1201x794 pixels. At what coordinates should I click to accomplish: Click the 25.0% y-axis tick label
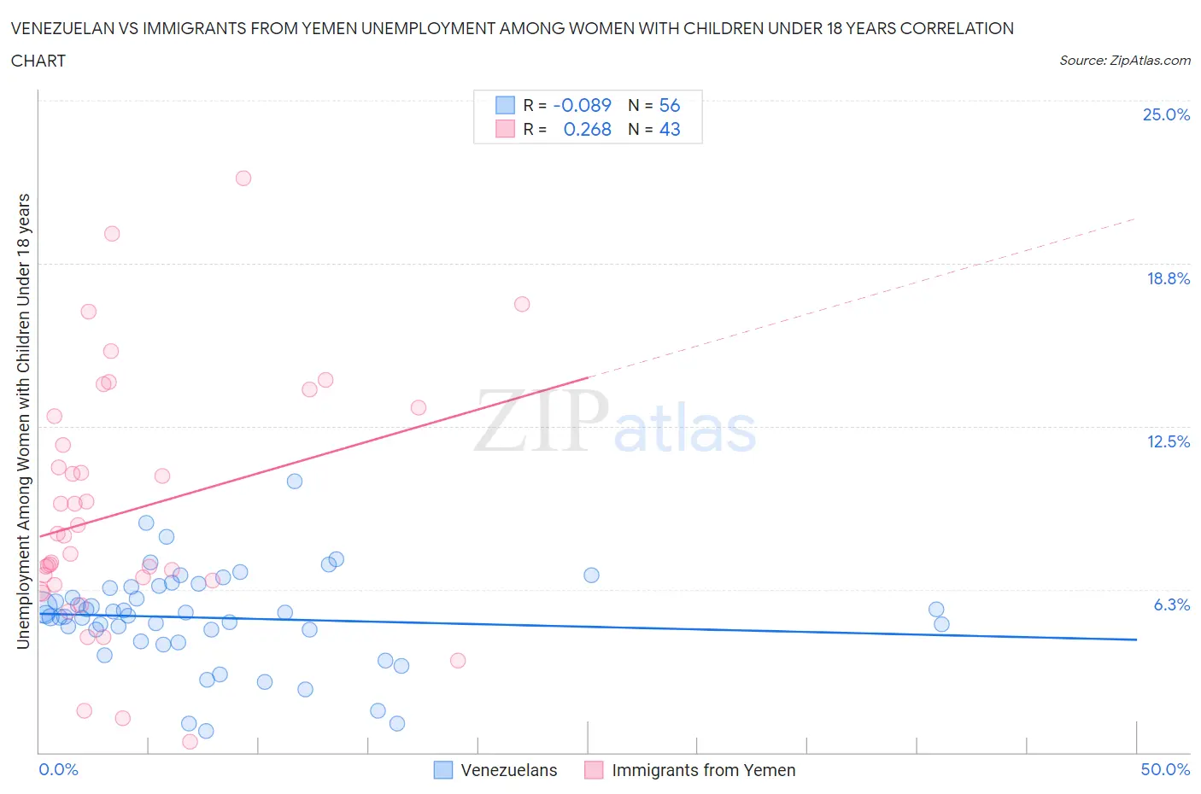[x=1166, y=114]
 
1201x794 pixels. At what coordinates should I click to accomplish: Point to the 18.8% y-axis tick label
[x=1168, y=278]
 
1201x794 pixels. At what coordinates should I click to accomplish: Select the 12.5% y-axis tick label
[x=1168, y=441]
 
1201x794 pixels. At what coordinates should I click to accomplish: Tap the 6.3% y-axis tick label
[x=1171, y=604]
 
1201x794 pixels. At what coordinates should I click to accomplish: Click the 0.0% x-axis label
[x=58, y=769]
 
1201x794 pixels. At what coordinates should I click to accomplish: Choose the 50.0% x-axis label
[x=1165, y=769]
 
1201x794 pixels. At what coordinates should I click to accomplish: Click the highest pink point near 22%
[x=243, y=178]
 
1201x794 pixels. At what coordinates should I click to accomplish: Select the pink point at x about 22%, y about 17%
[x=522, y=304]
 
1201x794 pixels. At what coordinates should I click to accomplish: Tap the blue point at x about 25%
[x=591, y=575]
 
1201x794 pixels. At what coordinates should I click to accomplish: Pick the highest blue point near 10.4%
[x=295, y=482]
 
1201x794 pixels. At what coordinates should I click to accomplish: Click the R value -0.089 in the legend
[x=582, y=105]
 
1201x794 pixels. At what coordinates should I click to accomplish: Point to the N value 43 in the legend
[x=670, y=129]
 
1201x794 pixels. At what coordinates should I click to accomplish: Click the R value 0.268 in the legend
[x=587, y=129]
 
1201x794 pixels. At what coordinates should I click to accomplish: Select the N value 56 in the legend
[x=670, y=105]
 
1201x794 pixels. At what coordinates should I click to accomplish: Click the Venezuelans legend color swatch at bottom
[x=442, y=770]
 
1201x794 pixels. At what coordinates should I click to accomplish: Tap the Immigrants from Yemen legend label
[x=703, y=770]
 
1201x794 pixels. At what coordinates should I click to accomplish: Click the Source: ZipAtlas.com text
[x=1124, y=61]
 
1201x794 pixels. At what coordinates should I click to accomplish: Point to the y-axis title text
[x=24, y=421]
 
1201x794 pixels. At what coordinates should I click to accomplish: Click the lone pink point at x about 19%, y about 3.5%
[x=458, y=661]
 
